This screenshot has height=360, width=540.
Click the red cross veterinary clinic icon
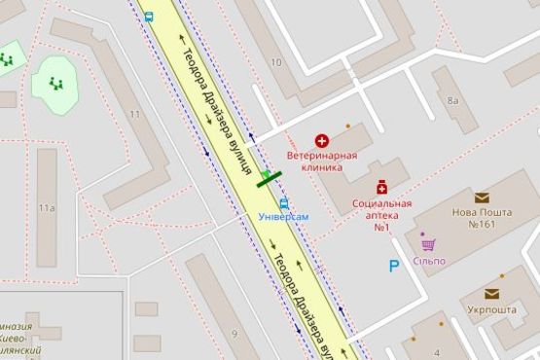pos(321,142)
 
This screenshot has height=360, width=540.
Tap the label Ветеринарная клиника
pos(321,161)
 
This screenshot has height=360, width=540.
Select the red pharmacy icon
pos(383,186)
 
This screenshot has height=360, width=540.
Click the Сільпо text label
pos(429,260)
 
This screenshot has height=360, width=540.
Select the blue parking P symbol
pos(394,265)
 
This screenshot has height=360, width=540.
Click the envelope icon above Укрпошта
pos(494,293)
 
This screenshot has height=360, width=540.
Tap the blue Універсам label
pos(283,216)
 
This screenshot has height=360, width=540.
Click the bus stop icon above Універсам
pos(283,203)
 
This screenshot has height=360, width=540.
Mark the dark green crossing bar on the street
pos(268,177)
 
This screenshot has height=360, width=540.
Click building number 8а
pos(452,100)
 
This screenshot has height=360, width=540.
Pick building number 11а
pos(46,208)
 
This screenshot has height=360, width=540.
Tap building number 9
pos(234,335)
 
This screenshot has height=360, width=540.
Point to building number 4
pos(438,351)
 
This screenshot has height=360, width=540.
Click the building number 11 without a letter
pos(135,116)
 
